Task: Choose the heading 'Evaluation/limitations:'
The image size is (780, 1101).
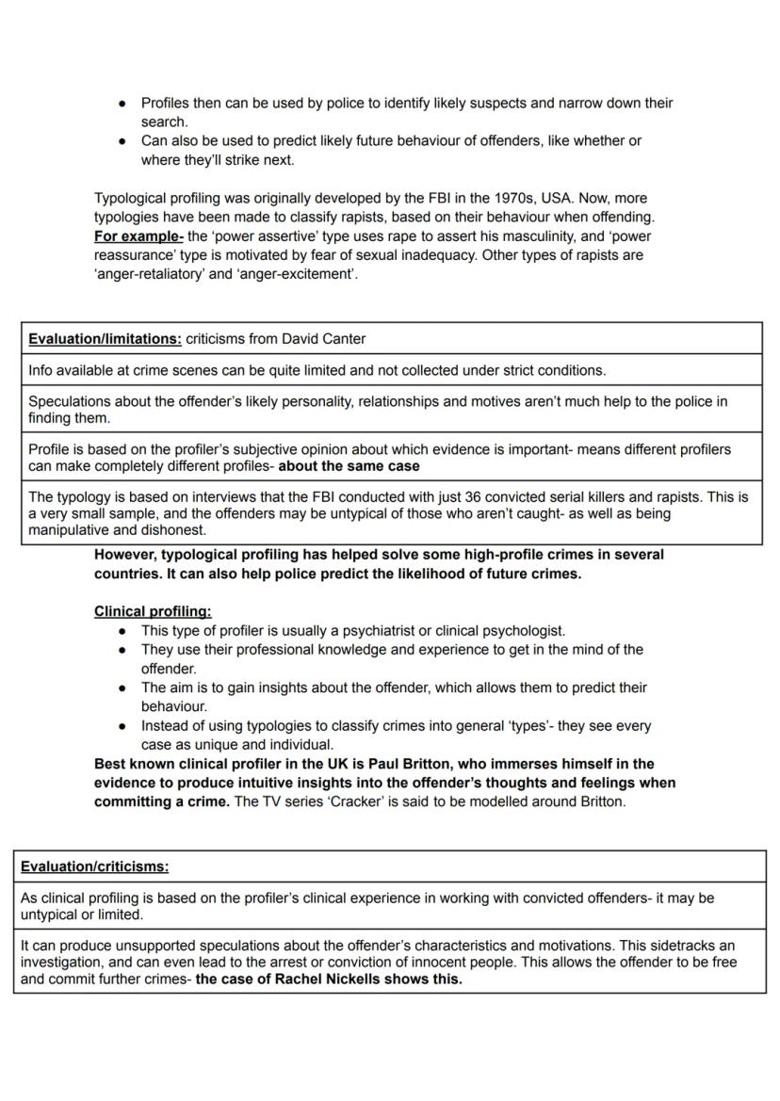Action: click(105, 338)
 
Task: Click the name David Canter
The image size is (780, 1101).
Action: click(321, 338)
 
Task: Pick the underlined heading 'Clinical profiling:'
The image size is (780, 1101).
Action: click(153, 611)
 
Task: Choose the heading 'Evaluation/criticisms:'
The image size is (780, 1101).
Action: click(94, 866)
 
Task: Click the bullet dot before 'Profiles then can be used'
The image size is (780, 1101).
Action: click(122, 104)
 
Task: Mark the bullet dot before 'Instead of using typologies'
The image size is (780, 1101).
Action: click(122, 726)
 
